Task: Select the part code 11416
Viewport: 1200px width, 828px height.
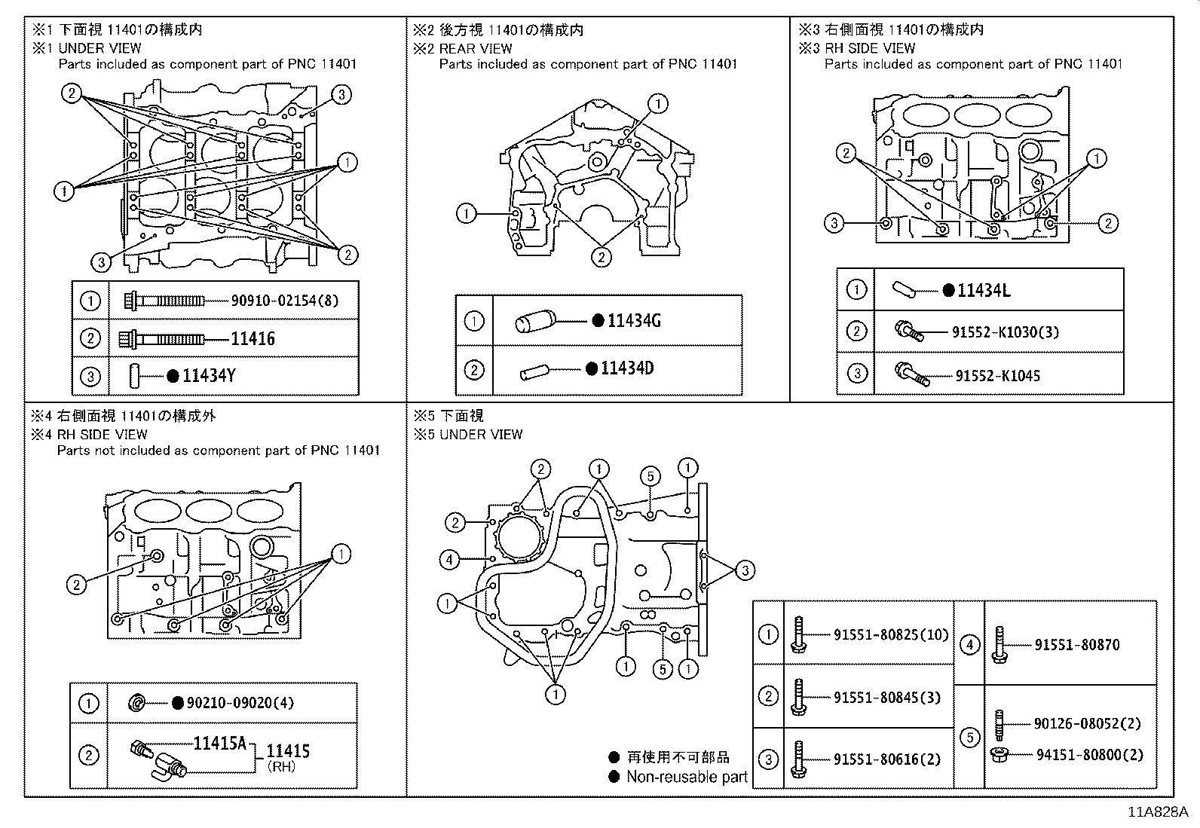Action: (x=253, y=338)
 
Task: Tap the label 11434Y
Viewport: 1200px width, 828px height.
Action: (x=209, y=375)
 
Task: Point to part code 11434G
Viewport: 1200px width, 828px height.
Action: (x=634, y=321)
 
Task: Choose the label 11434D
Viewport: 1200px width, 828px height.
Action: (x=627, y=368)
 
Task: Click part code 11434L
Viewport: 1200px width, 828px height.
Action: (x=983, y=290)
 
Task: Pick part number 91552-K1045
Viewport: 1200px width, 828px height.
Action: (x=997, y=375)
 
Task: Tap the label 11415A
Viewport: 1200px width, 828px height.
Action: (x=220, y=744)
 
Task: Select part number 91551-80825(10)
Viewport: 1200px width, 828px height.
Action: (x=891, y=635)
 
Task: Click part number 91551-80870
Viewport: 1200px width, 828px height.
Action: (x=1076, y=645)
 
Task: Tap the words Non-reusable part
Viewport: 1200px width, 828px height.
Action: (x=686, y=777)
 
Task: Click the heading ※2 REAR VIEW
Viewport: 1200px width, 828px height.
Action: (x=462, y=48)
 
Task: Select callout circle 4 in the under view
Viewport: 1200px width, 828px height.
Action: (x=449, y=559)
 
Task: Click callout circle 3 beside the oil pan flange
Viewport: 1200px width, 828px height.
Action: (x=745, y=570)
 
